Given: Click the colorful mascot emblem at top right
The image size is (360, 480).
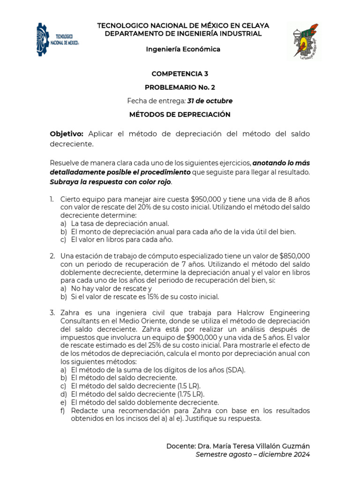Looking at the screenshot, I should coord(304,41).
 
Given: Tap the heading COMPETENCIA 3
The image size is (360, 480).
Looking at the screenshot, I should coord(180,74).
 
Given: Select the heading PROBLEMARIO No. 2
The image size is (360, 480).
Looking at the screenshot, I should coord(180,87).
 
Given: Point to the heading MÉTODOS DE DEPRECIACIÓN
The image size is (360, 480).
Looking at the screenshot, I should coord(180,114).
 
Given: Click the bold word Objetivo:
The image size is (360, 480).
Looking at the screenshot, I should coord(67,134).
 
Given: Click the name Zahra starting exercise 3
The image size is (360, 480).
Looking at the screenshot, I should coord(70,313).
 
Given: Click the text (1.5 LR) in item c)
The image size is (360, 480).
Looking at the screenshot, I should coord(186,385).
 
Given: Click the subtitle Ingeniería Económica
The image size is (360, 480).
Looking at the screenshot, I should coord(183,49).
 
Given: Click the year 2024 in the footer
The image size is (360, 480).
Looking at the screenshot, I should coord(300,454).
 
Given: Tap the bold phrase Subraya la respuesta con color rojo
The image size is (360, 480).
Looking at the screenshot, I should coord(111,181).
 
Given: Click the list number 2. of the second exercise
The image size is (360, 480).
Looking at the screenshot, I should coord(52,256).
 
